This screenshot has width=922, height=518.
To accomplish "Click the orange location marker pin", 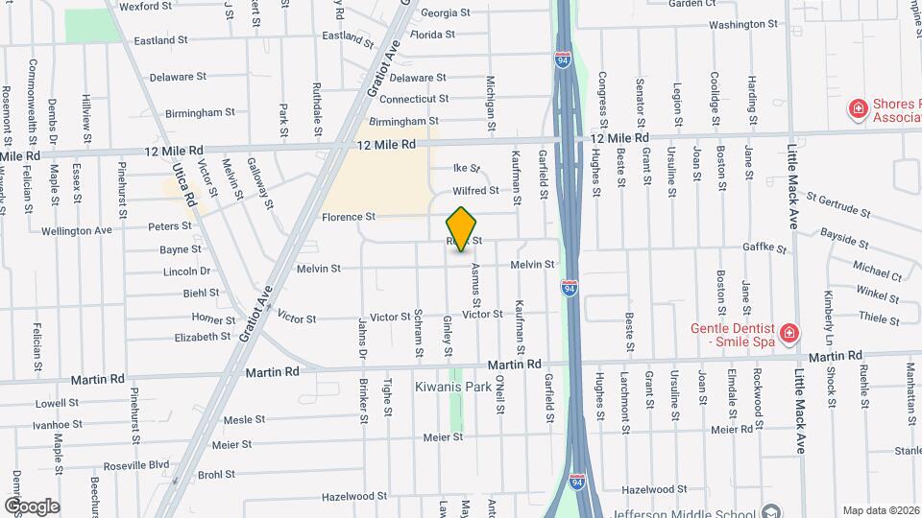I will (462, 228).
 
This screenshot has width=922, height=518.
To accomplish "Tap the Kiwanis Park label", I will (453, 387).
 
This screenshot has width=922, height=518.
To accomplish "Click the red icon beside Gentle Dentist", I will (789, 334).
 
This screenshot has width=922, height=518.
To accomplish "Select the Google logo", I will (32, 506).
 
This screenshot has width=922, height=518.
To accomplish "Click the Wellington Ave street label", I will (77, 230).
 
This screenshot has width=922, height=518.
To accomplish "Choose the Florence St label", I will (348, 217).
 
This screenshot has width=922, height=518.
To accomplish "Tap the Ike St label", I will (466, 168).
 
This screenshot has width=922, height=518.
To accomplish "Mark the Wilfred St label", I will (476, 191).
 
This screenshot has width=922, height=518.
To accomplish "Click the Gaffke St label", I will (764, 247).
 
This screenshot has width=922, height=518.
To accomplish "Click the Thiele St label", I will (878, 317).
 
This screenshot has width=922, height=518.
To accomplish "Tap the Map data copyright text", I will (879, 510).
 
